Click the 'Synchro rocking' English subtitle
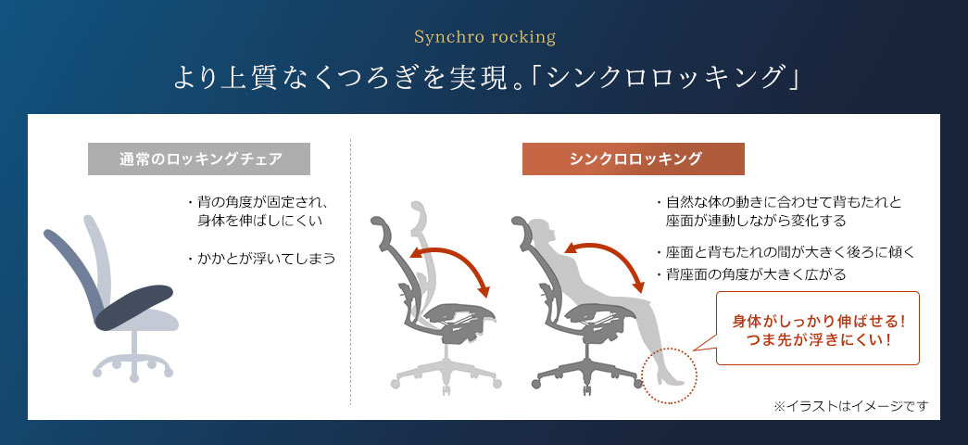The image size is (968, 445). [x=484, y=38]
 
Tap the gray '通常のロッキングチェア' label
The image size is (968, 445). [x=198, y=159]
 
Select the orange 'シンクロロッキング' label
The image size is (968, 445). [x=633, y=159]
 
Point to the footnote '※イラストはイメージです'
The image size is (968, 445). [x=849, y=406]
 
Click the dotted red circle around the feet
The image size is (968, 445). [x=669, y=375]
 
